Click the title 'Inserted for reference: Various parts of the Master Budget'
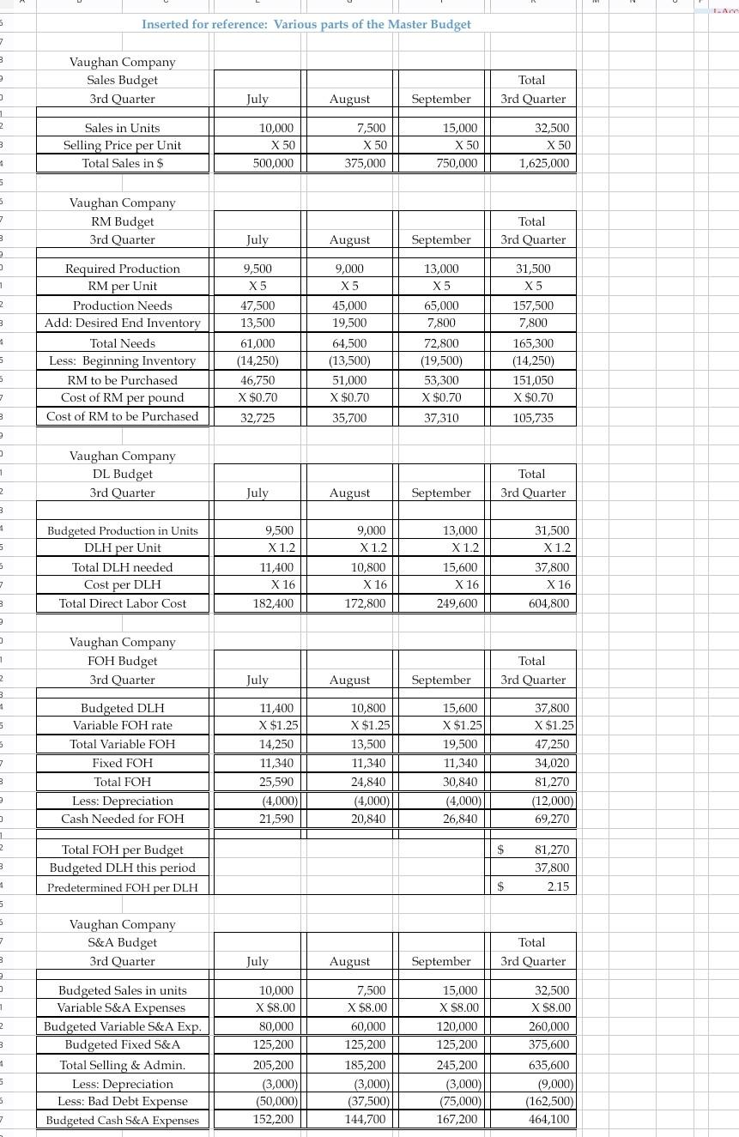tap(306, 24)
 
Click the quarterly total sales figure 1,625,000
tap(543, 163)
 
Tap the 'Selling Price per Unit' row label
tap(122, 145)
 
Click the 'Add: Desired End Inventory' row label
tap(123, 323)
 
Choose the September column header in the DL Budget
tap(441, 493)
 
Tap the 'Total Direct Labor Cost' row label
tap(122, 603)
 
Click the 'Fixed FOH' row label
tap(122, 763)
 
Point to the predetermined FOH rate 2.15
tap(557, 886)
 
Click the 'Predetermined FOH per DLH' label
tap(122, 887)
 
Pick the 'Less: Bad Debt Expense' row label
tap(122, 1101)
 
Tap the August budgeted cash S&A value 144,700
tap(366, 1119)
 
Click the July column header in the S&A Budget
tap(257, 962)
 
